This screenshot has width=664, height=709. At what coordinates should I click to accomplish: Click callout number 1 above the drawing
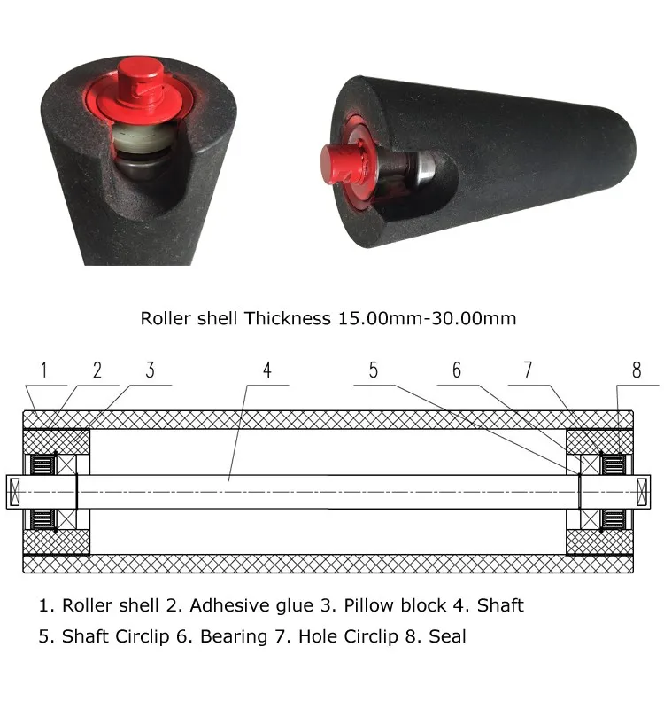pyautogui.click(x=43, y=370)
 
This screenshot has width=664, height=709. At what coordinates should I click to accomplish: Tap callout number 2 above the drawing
pyautogui.click(x=97, y=370)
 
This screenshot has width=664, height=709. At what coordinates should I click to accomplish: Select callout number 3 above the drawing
pyautogui.click(x=150, y=370)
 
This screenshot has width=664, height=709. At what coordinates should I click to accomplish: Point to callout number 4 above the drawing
pyautogui.click(x=267, y=370)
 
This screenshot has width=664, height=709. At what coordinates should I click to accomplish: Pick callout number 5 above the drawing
pyautogui.click(x=373, y=370)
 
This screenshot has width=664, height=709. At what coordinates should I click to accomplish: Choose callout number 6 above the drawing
pyautogui.click(x=457, y=370)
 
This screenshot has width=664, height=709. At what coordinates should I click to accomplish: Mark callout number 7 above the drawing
pyautogui.click(x=528, y=370)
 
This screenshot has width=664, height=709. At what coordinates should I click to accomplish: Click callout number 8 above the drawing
pyautogui.click(x=637, y=370)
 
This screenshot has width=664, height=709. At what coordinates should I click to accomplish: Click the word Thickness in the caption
pyautogui.click(x=287, y=318)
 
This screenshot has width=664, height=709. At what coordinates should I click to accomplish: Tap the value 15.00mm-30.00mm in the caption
pyautogui.click(x=427, y=318)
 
